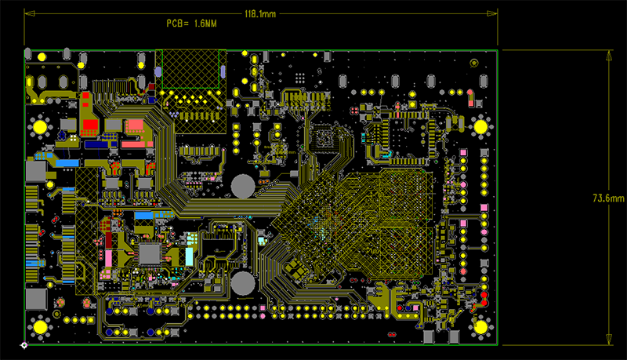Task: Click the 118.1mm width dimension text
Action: point(260,14)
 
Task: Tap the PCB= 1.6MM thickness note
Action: point(191,24)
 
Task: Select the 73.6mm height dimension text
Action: point(608,198)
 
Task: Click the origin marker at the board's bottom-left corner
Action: point(24,344)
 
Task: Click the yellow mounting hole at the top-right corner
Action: point(480,125)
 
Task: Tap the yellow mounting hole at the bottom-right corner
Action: point(480,326)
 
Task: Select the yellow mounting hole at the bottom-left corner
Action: point(39,326)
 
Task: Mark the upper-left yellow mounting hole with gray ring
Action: point(39,125)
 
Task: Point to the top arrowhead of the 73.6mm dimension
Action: point(610,53)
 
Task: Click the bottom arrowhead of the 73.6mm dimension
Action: point(610,339)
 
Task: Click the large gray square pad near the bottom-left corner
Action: point(36,299)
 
